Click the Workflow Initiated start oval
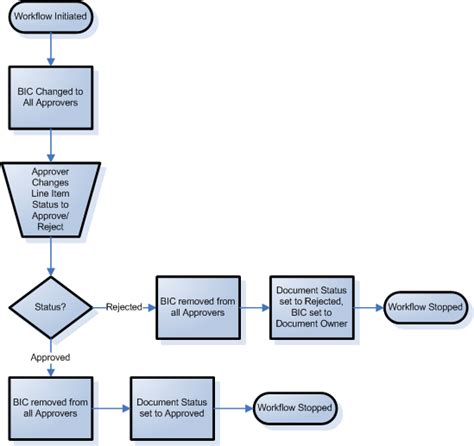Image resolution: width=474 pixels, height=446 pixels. click(51, 17)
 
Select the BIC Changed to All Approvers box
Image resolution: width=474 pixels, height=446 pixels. click(51, 97)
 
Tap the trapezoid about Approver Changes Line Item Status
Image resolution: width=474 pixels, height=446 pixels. click(51, 200)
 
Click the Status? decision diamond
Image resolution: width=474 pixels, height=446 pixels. click(51, 307)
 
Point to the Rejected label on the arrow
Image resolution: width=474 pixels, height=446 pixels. click(124, 307)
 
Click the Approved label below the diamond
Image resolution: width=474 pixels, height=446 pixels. click(50, 357)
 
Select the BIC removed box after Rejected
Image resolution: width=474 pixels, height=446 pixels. click(198, 307)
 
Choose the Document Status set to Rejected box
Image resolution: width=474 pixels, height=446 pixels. click(312, 307)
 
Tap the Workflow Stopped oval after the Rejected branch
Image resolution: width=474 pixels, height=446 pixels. click(425, 307)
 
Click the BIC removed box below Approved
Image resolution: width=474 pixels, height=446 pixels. click(51, 408)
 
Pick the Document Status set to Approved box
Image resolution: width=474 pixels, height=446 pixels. click(172, 408)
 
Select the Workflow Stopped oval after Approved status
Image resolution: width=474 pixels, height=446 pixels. click(295, 408)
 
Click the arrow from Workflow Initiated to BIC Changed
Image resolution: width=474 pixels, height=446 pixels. click(51, 49)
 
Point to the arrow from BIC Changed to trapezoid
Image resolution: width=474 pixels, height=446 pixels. click(51, 146)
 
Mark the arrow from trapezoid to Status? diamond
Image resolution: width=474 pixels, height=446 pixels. click(51, 257)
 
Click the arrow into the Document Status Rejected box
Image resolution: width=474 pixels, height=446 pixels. click(255, 308)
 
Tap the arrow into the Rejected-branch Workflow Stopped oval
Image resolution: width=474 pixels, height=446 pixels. click(369, 308)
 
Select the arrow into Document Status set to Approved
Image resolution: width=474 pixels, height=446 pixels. click(111, 408)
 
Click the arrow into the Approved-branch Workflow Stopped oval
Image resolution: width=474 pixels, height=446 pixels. click(234, 408)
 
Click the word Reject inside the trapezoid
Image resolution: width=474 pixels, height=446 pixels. click(50, 227)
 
